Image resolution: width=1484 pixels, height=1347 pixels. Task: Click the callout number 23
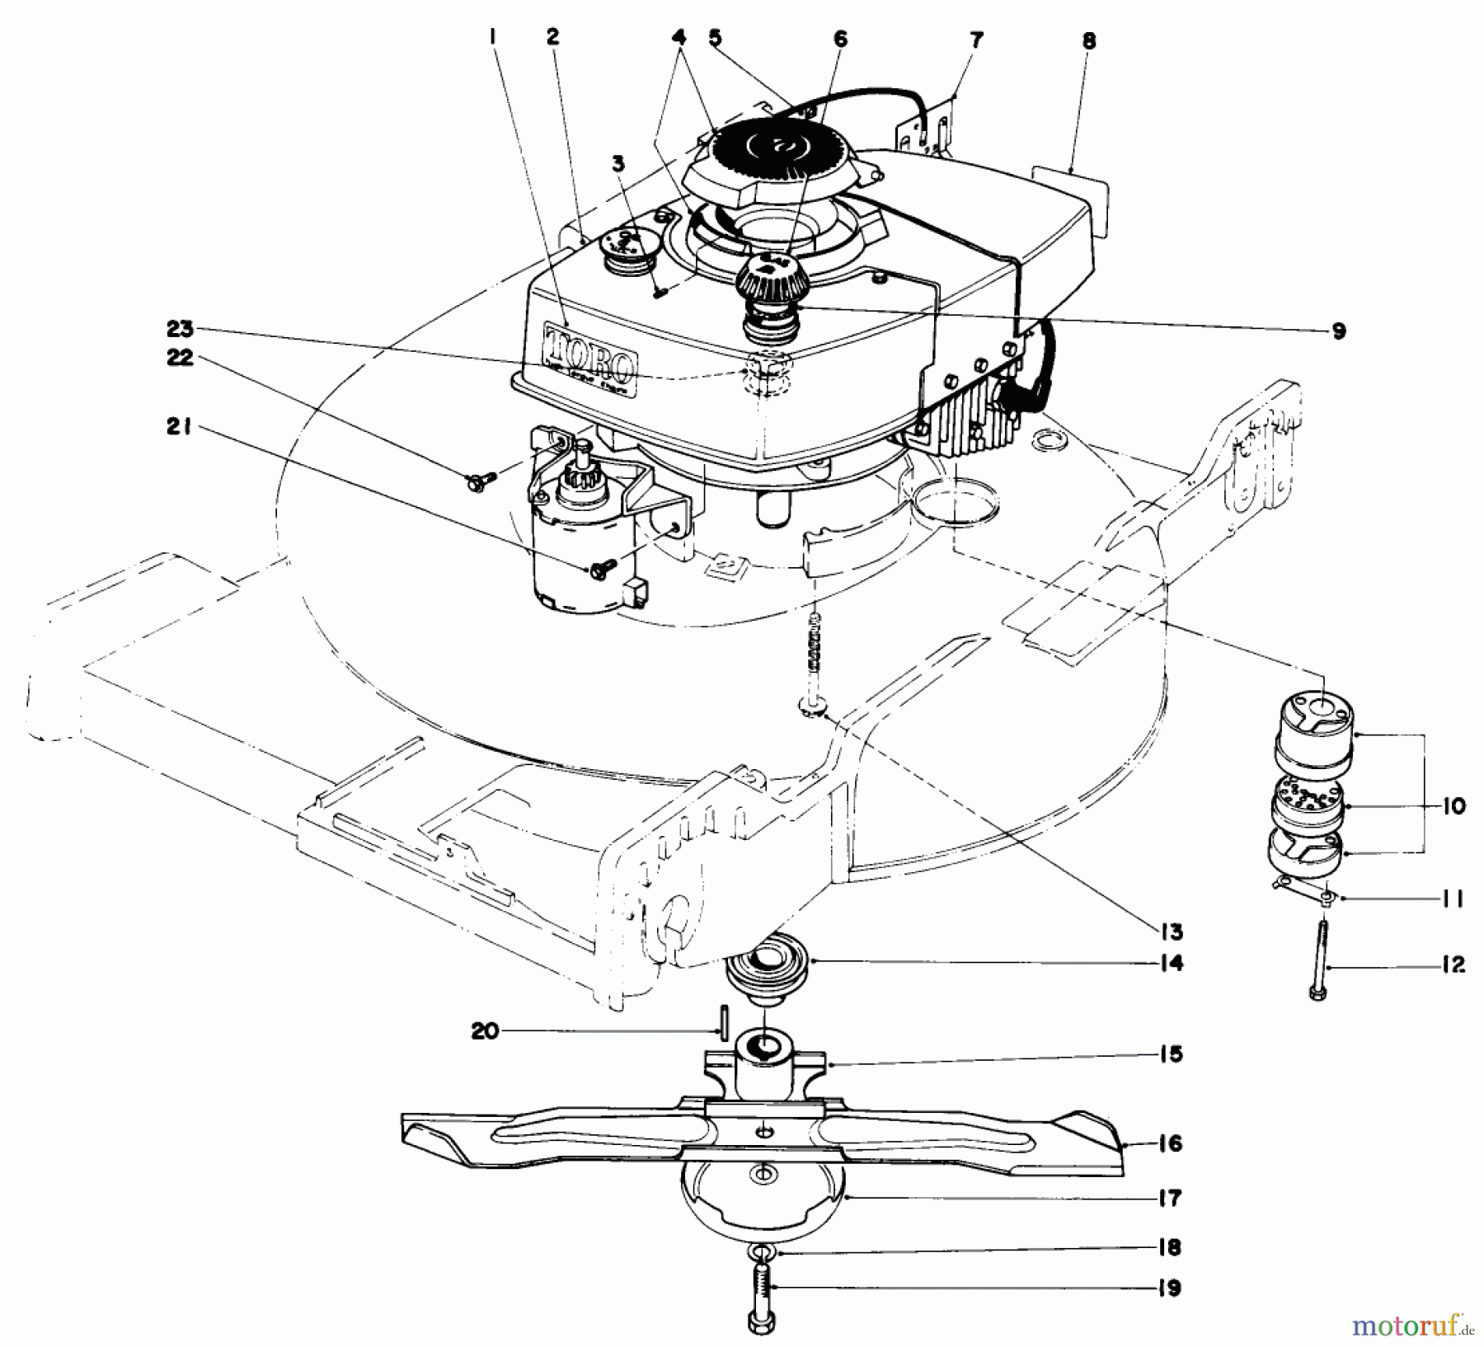click(181, 329)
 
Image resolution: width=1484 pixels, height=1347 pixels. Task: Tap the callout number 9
click(1338, 331)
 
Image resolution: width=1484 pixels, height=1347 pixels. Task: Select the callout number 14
click(1170, 962)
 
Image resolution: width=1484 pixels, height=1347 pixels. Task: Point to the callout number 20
click(486, 1030)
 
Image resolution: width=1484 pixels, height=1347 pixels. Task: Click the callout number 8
click(1089, 40)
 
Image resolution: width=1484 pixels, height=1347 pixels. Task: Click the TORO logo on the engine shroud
click(589, 354)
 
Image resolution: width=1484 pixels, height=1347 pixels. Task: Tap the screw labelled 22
click(478, 479)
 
